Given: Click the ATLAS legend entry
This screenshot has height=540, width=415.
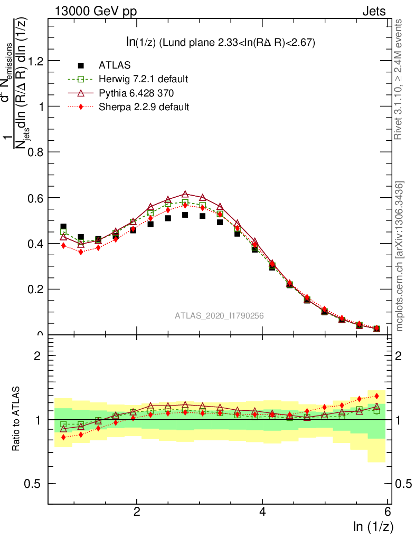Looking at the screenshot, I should tap(115, 66).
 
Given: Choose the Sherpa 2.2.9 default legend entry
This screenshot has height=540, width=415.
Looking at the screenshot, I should tap(144, 107).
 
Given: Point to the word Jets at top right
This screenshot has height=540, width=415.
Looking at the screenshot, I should tap(373, 12).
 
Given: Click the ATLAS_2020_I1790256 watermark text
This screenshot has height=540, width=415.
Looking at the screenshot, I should tap(219, 316).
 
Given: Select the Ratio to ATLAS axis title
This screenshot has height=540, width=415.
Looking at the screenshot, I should tap(17, 419).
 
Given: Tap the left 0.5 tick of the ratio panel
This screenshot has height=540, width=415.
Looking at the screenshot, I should tap(35, 484).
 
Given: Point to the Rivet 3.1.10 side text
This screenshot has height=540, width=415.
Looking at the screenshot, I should tap(399, 79).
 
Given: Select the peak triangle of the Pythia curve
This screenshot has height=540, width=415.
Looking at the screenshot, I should tap(185, 195).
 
